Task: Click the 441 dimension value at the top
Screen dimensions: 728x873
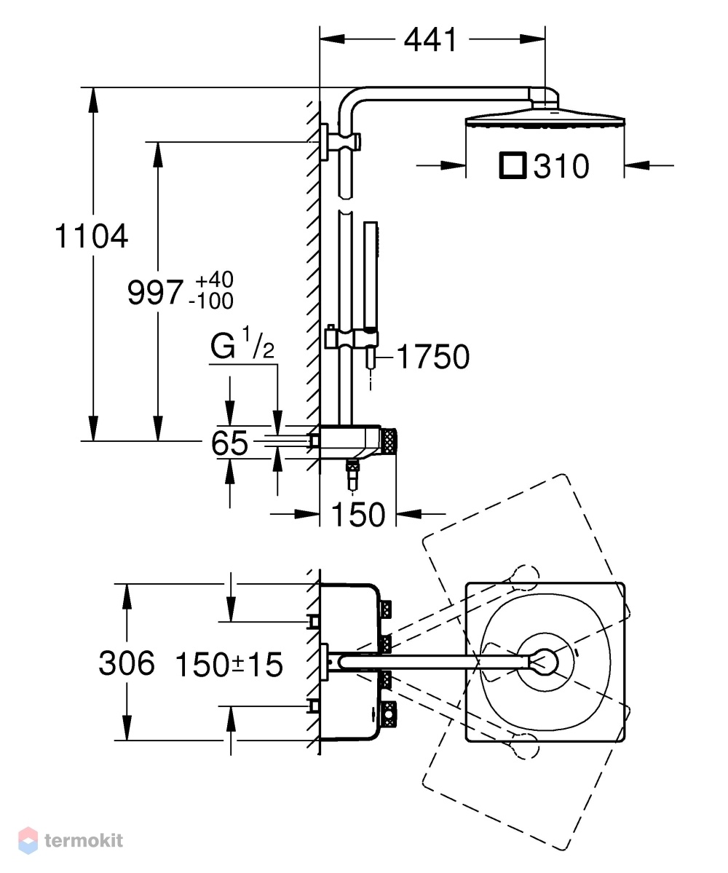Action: (430, 40)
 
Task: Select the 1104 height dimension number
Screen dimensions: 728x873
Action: (91, 236)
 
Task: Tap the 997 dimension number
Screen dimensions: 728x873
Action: (155, 292)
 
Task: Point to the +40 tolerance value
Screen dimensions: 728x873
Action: (214, 279)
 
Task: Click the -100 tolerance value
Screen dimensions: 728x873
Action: (211, 301)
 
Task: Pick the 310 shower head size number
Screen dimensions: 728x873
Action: (561, 167)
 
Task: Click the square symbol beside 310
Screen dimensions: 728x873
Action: (513, 166)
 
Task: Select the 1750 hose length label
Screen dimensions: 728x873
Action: (433, 357)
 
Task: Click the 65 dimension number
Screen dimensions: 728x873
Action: (229, 443)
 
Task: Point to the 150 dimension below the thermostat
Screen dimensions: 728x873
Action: (358, 515)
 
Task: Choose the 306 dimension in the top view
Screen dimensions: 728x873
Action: (127, 663)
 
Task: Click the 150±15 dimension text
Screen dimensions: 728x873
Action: (229, 664)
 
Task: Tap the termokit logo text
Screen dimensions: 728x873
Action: (84, 840)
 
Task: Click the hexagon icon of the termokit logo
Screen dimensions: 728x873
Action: (28, 840)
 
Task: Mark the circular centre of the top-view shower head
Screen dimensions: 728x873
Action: (543, 662)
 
